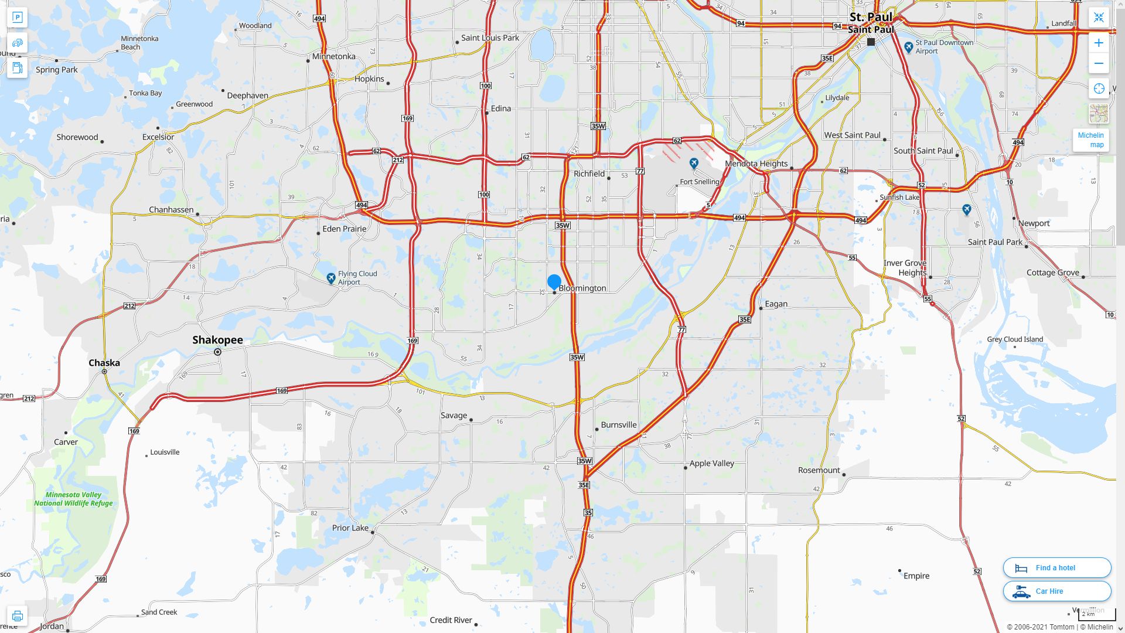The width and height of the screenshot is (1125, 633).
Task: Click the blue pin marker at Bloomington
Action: [x=554, y=282]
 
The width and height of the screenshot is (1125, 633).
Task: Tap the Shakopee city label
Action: [x=217, y=340]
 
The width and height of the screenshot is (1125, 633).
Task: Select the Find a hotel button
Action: [x=1056, y=567]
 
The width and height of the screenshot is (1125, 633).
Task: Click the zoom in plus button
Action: [x=1099, y=43]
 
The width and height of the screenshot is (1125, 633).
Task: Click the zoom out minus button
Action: [x=1099, y=63]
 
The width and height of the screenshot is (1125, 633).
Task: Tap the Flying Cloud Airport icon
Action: [x=331, y=278]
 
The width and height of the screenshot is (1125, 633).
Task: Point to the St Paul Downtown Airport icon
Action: [x=908, y=47]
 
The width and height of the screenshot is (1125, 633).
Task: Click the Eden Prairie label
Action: [x=344, y=229]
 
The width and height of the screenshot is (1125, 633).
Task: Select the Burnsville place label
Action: [x=618, y=424]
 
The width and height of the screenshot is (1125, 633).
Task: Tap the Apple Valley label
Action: [x=711, y=463]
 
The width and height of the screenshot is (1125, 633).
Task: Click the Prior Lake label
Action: [x=350, y=527]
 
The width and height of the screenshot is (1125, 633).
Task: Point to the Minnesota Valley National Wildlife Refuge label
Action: [x=73, y=499]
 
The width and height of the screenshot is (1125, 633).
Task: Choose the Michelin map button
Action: [x=1090, y=140]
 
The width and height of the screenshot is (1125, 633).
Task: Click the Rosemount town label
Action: [x=819, y=470]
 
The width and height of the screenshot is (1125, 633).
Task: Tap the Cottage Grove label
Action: [x=1052, y=273]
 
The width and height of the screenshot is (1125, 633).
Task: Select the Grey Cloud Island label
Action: [x=1015, y=339]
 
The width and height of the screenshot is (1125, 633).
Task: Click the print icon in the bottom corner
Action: [x=17, y=616]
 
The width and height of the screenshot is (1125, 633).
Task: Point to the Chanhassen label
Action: [x=171, y=210]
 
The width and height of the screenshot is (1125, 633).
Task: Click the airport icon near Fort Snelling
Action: [x=694, y=164]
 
